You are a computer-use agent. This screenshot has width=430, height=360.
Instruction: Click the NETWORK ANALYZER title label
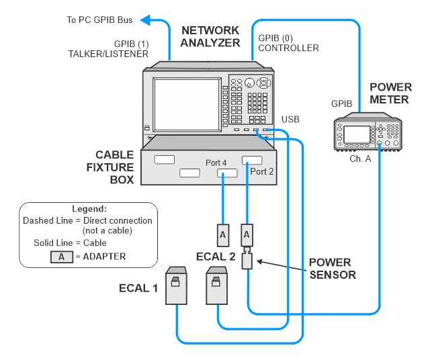click(210, 36)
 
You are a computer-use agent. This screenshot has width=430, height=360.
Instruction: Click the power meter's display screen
click(357, 134)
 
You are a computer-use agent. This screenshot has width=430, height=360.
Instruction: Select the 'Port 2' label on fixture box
click(262, 171)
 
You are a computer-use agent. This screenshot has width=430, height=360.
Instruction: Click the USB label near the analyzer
click(290, 119)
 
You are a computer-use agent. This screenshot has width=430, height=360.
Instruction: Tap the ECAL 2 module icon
click(218, 284)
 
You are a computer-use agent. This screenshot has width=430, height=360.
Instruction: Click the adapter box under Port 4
click(222, 234)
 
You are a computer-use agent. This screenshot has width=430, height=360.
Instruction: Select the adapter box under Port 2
click(247, 234)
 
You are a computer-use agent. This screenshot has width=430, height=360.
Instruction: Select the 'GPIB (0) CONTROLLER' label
click(289, 44)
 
